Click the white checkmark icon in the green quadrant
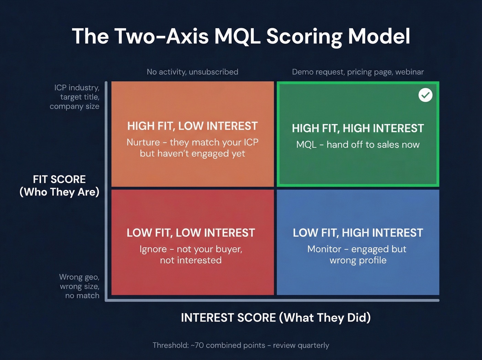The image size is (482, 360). coord(426,95)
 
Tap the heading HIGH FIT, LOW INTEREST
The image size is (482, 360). coord(192,126)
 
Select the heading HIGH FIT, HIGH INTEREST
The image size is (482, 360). coord(358,128)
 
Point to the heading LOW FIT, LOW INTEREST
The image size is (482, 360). coord(191,233)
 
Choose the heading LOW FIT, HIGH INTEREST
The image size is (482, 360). coord(358,233)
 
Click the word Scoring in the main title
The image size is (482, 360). coord(304,37)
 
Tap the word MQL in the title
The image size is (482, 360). coord(237,37)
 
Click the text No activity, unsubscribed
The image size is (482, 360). coord(192,72)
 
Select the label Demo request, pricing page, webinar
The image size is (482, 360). coord(358,72)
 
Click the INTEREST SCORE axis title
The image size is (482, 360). coord(276,318)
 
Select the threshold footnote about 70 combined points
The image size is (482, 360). coord(241,345)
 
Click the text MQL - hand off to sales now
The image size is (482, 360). coord(358,145)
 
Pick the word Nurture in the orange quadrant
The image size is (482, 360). coord(143,142)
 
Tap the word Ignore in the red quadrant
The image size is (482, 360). coord(153,249)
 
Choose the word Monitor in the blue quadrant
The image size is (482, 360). coord(324,249)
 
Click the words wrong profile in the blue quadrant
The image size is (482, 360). coord(358,260)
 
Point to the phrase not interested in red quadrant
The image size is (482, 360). coord(191,260)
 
